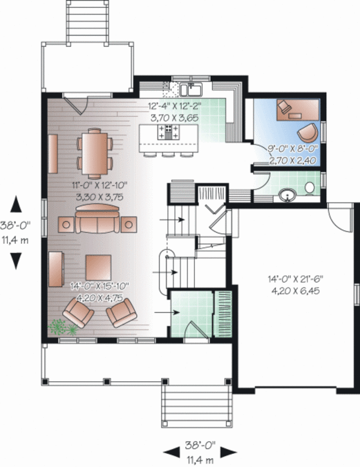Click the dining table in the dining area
[95, 153]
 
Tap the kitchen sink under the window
[191, 90]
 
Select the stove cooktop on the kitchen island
[169, 132]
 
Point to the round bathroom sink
[287, 195]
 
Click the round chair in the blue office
[308, 133]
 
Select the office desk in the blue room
[298, 110]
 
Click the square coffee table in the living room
[98, 267]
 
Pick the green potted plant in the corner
[62, 327]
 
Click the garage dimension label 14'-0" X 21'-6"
[296, 279]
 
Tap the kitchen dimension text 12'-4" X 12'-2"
[175, 106]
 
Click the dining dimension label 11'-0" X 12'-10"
[100, 185]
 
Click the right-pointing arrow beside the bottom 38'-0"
[229, 452]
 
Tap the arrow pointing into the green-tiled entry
[167, 312]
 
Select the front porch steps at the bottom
[197, 406]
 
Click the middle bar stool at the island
[168, 154]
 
